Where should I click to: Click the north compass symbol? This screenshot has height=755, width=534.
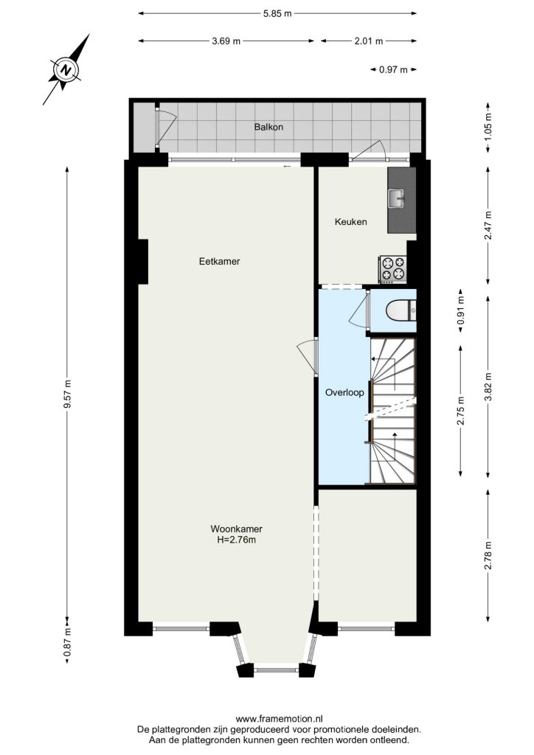point(66,70)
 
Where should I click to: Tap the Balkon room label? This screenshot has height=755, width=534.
point(268,127)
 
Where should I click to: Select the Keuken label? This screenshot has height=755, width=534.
point(350,221)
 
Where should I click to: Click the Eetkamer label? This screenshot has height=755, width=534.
point(219,262)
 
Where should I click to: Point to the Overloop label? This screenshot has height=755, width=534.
point(344,392)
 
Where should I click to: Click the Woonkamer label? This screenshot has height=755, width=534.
point(237,529)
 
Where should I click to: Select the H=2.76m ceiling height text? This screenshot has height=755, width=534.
point(237,540)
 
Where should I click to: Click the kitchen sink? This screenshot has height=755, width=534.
point(398,198)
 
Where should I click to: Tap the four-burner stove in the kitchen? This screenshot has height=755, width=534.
point(394,269)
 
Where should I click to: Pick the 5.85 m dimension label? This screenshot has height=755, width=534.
point(277,13)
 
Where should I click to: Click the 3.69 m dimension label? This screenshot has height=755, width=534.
point(226,41)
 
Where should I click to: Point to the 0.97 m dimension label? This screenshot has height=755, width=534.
point(393,69)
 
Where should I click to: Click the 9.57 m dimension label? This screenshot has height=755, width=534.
point(67,394)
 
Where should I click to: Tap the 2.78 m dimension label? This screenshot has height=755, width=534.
point(488,556)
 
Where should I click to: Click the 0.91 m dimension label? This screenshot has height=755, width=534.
point(461,310)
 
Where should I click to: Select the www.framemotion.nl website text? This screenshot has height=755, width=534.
point(280,719)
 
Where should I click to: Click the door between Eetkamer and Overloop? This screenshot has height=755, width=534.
point(308,356)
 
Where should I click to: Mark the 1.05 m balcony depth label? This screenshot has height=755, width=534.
point(488,127)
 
